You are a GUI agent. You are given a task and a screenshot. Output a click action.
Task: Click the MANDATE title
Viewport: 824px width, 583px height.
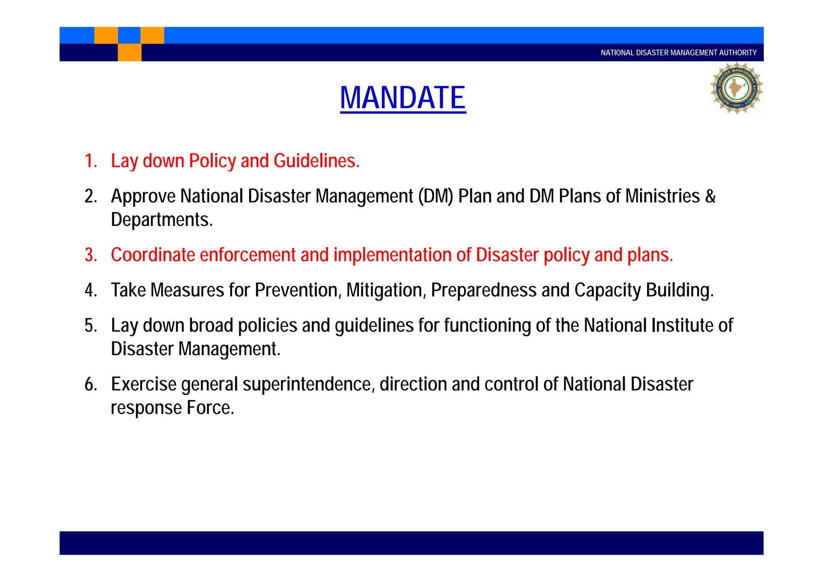coord(403,98)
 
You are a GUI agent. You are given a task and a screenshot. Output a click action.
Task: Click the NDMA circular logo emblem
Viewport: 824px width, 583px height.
coord(736,88)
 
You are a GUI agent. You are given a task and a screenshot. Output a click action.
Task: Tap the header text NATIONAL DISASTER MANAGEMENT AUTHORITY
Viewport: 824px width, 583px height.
coord(678,53)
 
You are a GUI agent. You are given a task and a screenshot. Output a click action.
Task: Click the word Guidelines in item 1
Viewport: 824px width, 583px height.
coord(316,161)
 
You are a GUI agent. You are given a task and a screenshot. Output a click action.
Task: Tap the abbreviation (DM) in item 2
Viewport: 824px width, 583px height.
coord(436,196)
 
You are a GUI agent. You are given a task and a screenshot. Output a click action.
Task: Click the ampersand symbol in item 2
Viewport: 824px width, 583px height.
coord(710,196)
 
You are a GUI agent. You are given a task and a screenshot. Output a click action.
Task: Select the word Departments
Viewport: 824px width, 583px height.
coord(161,220)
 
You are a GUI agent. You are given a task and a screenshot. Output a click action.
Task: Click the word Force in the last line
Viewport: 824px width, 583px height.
coord(210,408)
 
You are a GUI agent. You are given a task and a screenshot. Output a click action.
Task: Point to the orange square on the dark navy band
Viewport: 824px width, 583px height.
coord(130,52)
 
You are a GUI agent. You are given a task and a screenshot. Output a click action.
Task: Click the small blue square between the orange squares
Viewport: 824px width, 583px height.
coord(129,35)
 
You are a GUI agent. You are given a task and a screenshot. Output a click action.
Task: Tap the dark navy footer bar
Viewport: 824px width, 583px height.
coord(411,543)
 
